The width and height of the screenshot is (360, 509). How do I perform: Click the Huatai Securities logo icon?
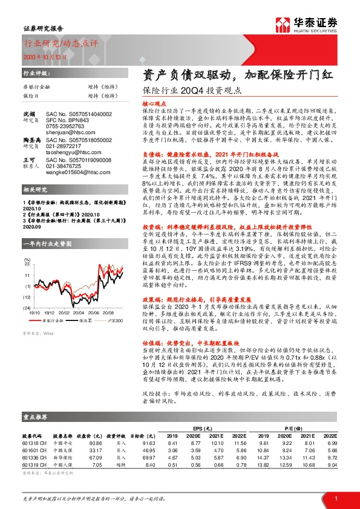[x=282, y=24]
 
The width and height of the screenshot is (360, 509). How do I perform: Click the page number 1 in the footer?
[x=335, y=498]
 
